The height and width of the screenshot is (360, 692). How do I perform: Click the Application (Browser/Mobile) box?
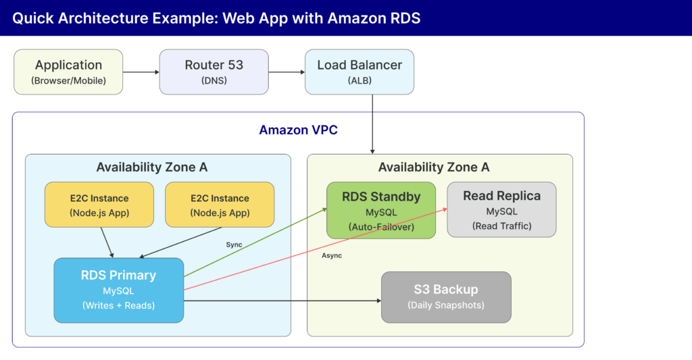(68, 72)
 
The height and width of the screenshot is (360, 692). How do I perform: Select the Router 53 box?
(214, 72)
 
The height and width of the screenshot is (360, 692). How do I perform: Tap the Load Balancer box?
(359, 72)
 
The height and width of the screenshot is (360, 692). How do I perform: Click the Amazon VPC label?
(298, 130)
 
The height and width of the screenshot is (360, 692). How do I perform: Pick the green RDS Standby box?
(381, 210)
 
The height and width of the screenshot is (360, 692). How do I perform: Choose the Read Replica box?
(501, 210)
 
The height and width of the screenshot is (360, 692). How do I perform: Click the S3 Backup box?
(446, 297)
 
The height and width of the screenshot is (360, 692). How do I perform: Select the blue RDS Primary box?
(118, 290)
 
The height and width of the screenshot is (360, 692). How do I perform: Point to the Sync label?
(234, 244)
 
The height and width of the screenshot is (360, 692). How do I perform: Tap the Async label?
(332, 255)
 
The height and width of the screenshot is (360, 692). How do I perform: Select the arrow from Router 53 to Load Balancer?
(286, 72)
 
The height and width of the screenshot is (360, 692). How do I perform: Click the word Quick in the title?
(34, 18)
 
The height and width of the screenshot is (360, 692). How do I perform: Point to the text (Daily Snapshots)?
(446, 305)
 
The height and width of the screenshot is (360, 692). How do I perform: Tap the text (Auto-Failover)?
(381, 226)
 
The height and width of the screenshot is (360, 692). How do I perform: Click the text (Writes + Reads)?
(118, 305)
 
